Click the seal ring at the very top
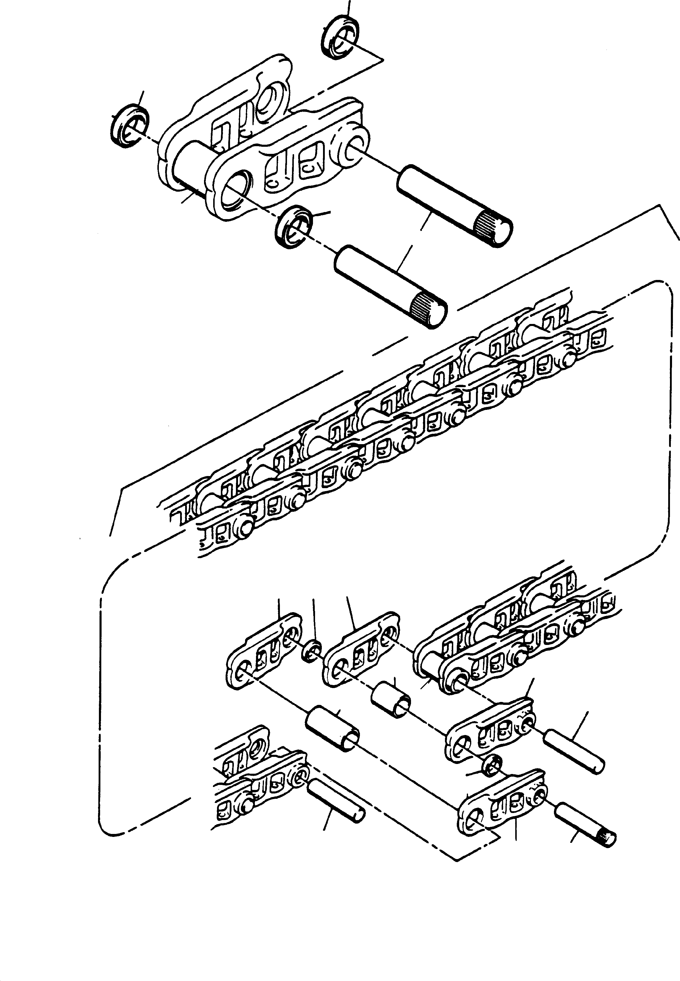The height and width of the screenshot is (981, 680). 339,37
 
